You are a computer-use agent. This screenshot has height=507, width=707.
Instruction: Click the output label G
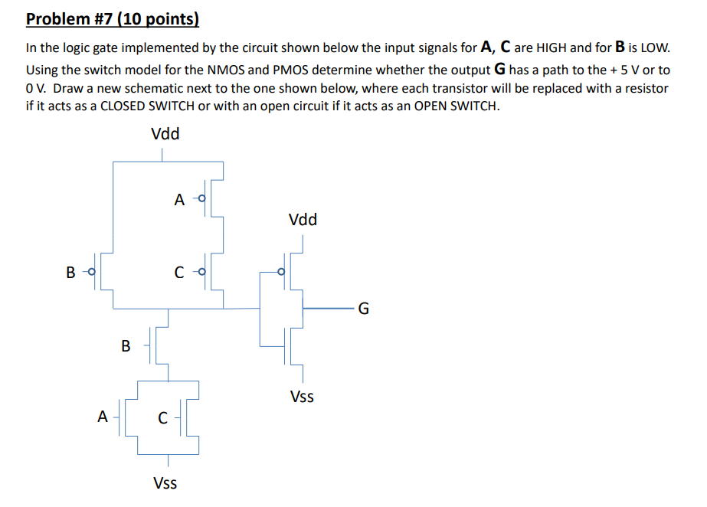(363, 309)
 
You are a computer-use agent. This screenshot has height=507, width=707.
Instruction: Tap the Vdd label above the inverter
(303, 220)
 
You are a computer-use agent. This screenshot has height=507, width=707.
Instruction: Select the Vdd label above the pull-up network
(165, 134)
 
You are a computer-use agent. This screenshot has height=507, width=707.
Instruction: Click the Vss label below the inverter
(302, 397)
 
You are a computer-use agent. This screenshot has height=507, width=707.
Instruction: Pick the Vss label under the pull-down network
(165, 482)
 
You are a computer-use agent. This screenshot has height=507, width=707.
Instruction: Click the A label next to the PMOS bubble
(179, 201)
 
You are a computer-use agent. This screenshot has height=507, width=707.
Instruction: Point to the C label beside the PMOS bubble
(179, 272)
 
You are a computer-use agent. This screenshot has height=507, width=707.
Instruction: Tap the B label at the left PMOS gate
(71, 272)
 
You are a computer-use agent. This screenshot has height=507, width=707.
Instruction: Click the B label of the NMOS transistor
(126, 345)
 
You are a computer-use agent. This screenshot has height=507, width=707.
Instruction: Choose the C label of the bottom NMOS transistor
(162, 418)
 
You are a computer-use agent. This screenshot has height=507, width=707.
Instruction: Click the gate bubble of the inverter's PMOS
(281, 272)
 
